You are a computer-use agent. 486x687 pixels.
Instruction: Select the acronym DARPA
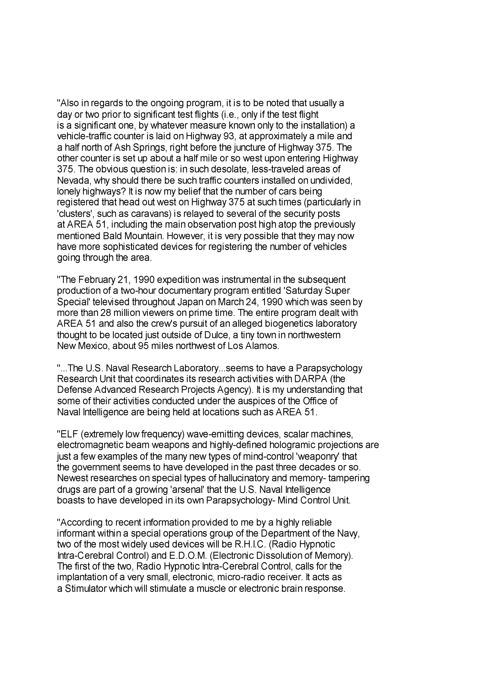point(311,379)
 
